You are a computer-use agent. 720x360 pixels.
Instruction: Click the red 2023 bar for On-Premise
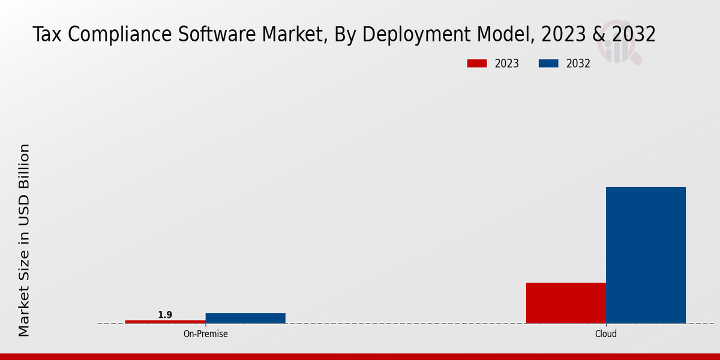pyautogui.click(x=165, y=322)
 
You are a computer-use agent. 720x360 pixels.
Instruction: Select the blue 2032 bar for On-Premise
pyautogui.click(x=245, y=318)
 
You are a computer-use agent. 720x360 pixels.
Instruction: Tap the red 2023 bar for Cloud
pyautogui.click(x=566, y=303)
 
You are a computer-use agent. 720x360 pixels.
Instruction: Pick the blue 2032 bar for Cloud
pyautogui.click(x=646, y=255)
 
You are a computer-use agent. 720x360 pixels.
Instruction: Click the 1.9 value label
pyautogui.click(x=165, y=315)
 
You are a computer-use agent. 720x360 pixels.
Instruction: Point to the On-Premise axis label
pyautogui.click(x=205, y=334)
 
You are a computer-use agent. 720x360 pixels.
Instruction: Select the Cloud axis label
pyautogui.click(x=606, y=334)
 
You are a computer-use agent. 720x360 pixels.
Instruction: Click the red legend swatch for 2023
pyautogui.click(x=477, y=64)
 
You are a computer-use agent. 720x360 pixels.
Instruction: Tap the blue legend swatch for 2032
pyautogui.click(x=548, y=64)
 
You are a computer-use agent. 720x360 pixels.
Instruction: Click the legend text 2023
pyautogui.click(x=507, y=64)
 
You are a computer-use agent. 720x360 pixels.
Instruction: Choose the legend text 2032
pyautogui.click(x=578, y=64)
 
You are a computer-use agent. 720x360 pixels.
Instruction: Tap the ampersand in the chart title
pyautogui.click(x=598, y=35)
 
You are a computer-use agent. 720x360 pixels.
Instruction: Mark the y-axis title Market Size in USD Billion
pyautogui.click(x=24, y=240)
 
